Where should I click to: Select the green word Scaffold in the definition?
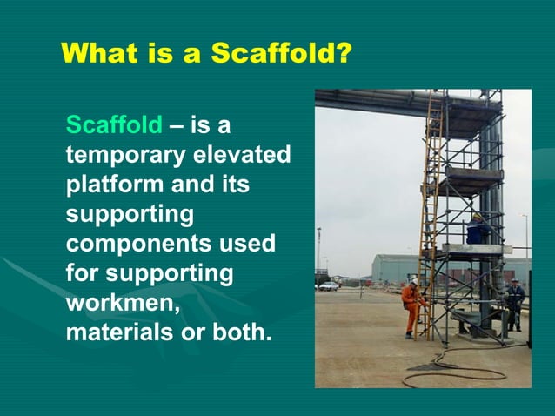click(x=114, y=126)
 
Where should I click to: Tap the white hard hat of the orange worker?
click(x=414, y=284)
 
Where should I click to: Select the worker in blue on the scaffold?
click(x=477, y=230)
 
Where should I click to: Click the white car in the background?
click(x=329, y=285)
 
